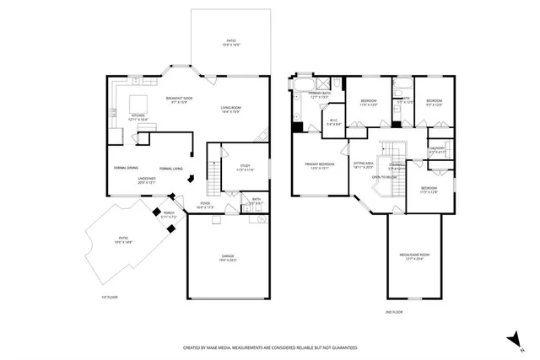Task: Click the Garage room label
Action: [228, 257]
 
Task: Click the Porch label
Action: [169, 214]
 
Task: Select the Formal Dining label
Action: [127, 168]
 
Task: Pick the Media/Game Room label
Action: [414, 256]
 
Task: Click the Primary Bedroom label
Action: [320, 165]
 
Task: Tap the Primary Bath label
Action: [319, 94]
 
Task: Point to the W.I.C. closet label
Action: [333, 121]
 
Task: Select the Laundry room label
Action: [437, 149]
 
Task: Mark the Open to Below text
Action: [385, 177]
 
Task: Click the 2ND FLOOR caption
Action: [392, 312]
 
